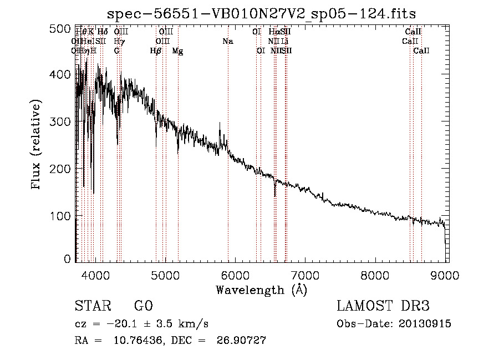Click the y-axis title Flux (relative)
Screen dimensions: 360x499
(37, 145)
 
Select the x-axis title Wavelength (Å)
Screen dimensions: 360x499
(261, 289)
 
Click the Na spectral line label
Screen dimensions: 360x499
(227, 42)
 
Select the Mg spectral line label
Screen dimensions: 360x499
(177, 51)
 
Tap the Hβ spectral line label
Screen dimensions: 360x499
(156, 51)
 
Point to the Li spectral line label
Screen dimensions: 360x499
(284, 42)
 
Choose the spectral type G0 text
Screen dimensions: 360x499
(143, 306)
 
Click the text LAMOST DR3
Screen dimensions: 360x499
(383, 306)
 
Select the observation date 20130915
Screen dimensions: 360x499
(425, 323)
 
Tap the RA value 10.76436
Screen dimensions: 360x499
(125, 341)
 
